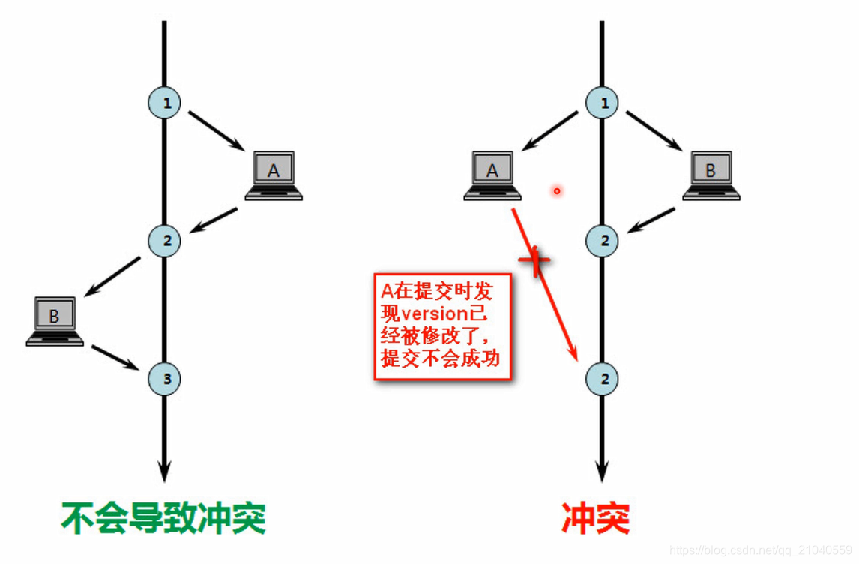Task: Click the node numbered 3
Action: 166,379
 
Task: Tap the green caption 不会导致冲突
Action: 163,517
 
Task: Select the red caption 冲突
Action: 596,517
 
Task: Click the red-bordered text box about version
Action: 443,326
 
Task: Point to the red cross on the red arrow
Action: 534,260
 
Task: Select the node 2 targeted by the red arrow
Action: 604,379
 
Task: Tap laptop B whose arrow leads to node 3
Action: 55,321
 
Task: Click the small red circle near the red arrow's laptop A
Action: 557,191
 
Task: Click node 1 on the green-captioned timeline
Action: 166,103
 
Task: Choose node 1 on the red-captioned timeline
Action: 604,103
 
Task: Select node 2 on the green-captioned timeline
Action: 166,241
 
